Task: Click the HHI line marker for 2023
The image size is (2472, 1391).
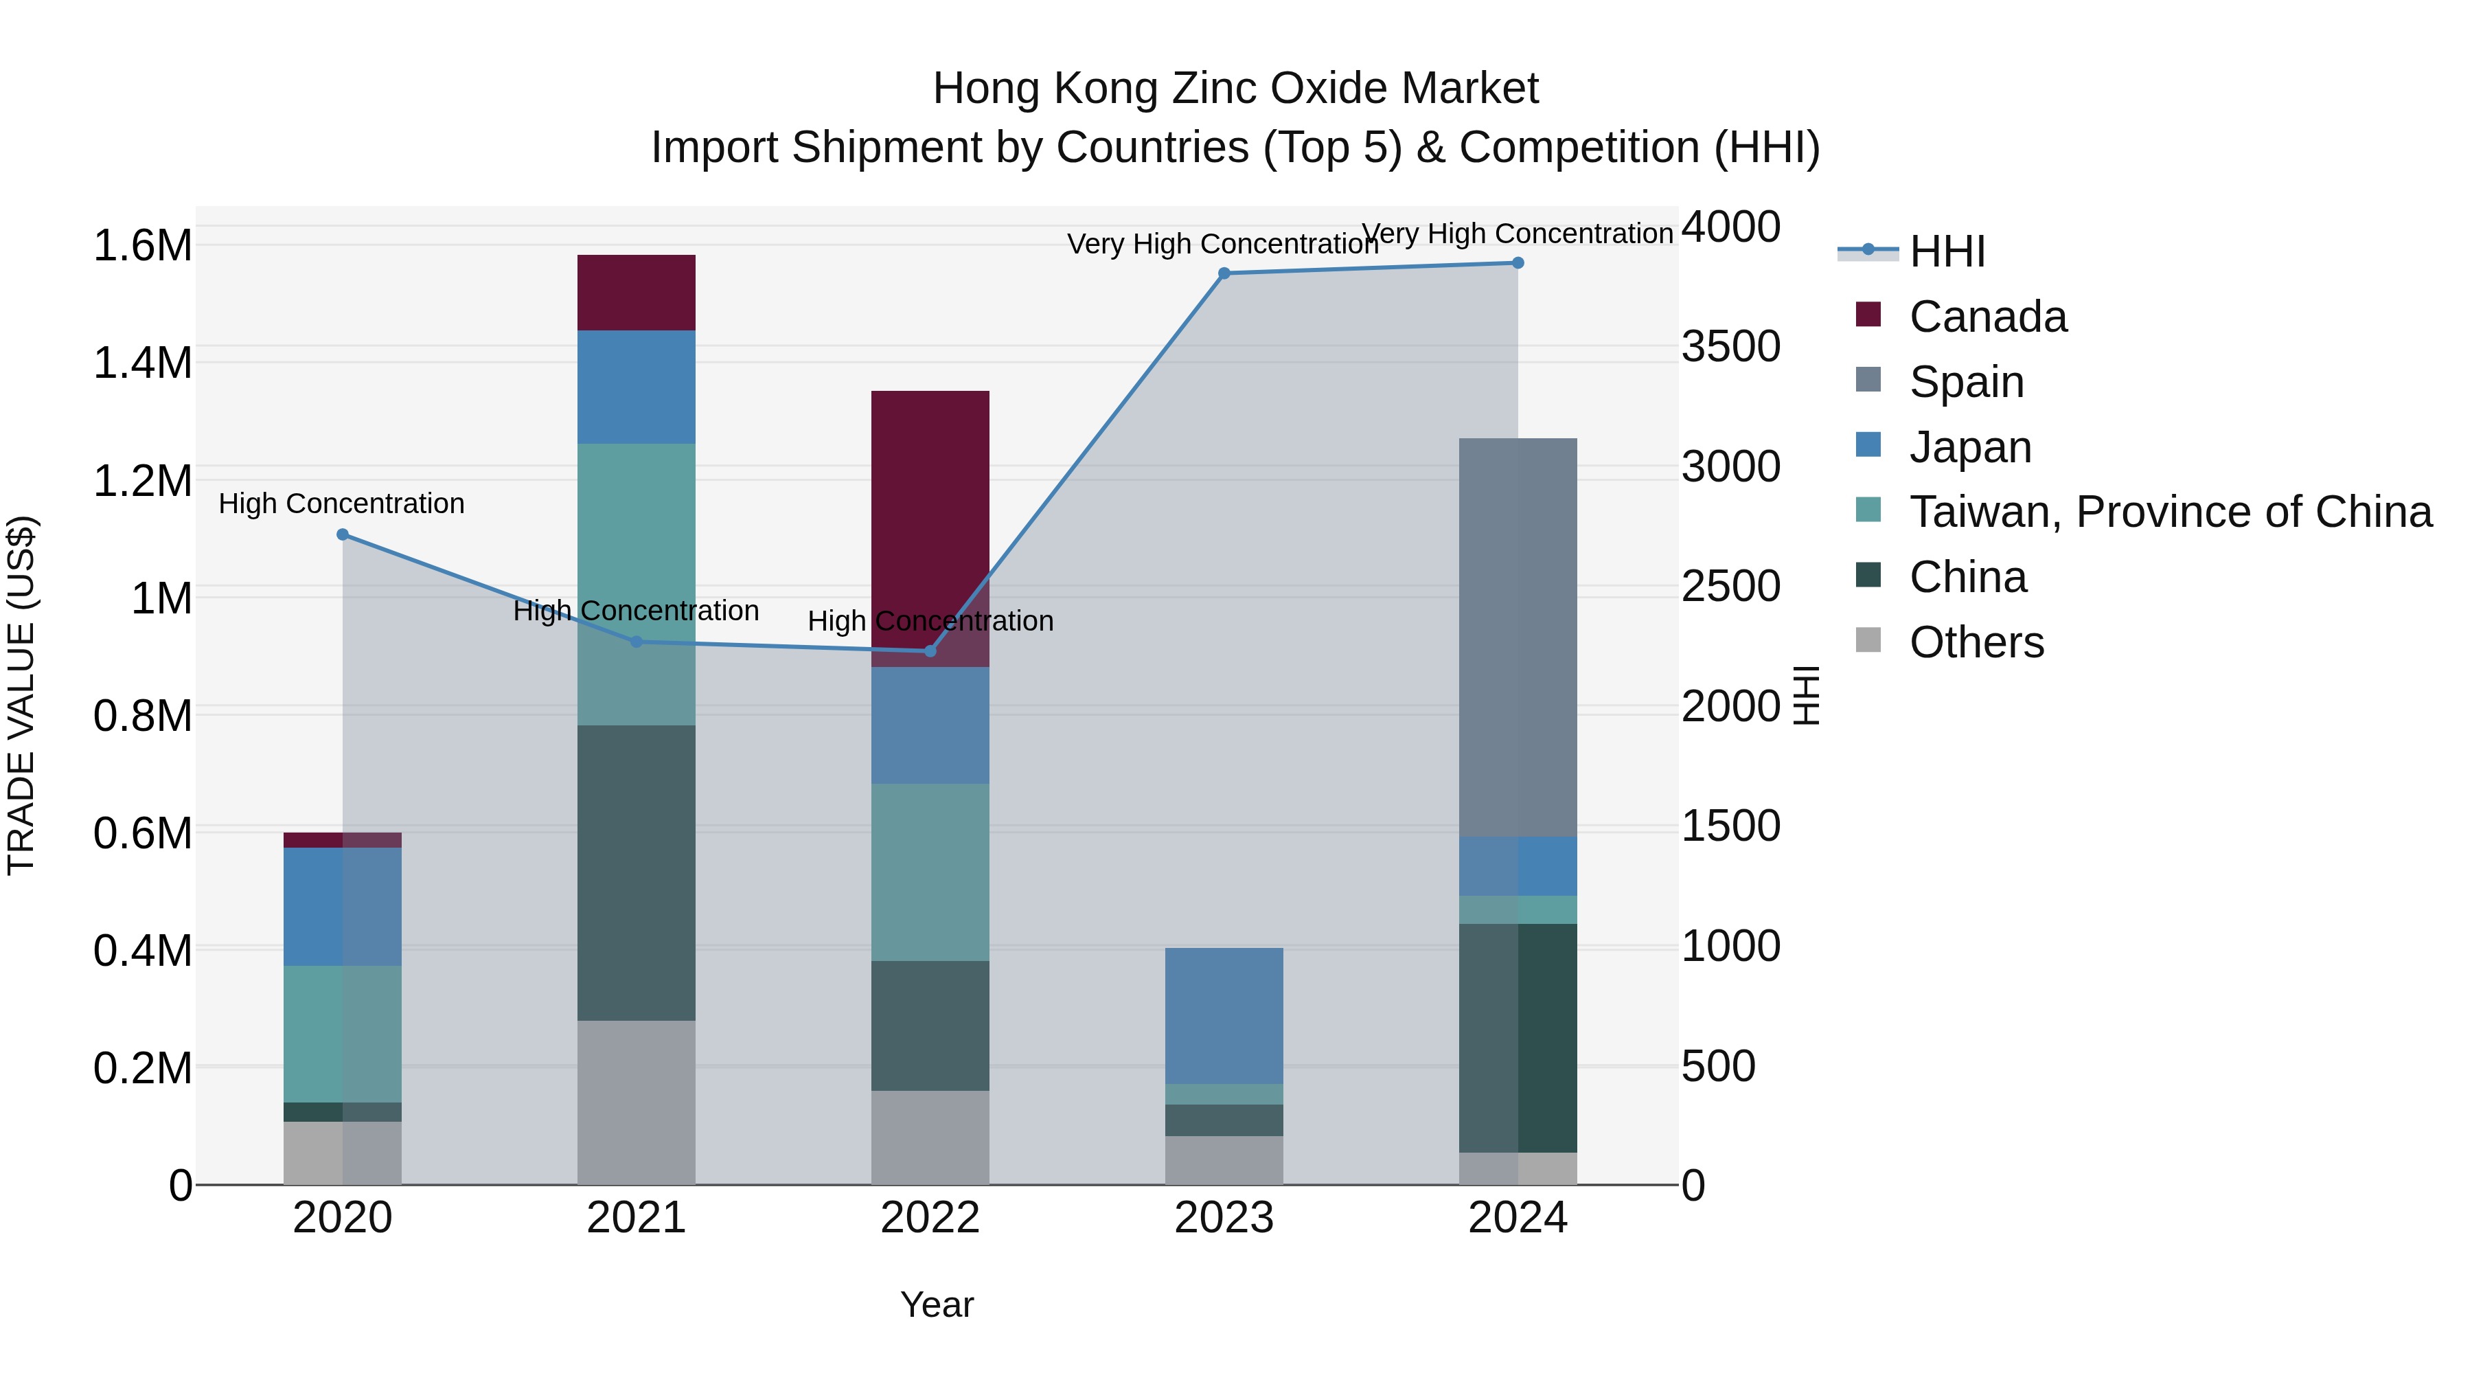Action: click(1224, 273)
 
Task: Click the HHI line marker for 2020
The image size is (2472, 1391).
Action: click(343, 534)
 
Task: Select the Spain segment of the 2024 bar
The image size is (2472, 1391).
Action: click(1517, 637)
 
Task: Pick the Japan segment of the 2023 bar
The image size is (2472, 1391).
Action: click(1224, 1016)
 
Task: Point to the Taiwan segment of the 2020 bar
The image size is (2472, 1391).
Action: click(343, 1034)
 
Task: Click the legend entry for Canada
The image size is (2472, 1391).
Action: click(1987, 317)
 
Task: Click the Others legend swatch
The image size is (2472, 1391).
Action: click(1868, 640)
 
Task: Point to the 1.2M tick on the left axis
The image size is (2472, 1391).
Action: click(142, 481)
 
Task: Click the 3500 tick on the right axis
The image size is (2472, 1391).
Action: click(1730, 347)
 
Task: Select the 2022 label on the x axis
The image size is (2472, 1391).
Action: click(930, 1218)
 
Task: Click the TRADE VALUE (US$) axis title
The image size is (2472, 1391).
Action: click(21, 695)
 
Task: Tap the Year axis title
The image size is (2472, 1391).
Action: click(937, 1304)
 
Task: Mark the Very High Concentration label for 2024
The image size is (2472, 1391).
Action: click(1517, 234)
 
